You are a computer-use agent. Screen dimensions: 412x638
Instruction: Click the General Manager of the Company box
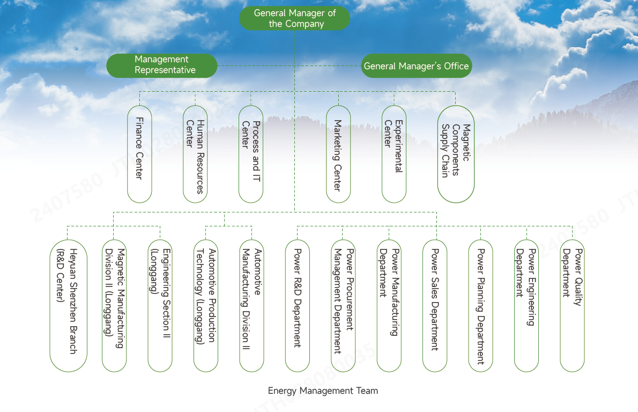pyautogui.click(x=294, y=19)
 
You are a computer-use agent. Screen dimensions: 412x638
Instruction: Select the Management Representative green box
pyautogui.click(x=162, y=65)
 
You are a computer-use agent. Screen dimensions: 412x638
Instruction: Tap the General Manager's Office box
pyautogui.click(x=416, y=66)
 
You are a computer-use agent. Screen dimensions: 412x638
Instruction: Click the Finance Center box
pyautogui.click(x=139, y=154)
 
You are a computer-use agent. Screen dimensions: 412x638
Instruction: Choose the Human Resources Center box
pyautogui.click(x=195, y=154)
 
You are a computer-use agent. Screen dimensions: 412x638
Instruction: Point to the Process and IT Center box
pyautogui.click(x=251, y=154)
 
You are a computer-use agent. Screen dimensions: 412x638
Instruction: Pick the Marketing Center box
pyautogui.click(x=338, y=154)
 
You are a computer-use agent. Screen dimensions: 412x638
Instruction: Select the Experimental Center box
pyautogui.click(x=394, y=154)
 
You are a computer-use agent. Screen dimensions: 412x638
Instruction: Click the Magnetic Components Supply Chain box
pyautogui.click(x=456, y=154)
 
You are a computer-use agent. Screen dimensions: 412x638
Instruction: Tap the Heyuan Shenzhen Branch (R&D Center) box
pyautogui.click(x=68, y=305)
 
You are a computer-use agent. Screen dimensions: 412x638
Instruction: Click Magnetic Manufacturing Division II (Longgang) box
pyautogui.click(x=114, y=305)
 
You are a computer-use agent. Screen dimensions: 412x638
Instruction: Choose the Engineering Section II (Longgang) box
pyautogui.click(x=160, y=305)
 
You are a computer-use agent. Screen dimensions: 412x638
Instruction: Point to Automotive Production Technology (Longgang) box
pyautogui.click(x=206, y=305)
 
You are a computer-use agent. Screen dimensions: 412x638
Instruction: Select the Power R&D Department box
pyautogui.click(x=298, y=305)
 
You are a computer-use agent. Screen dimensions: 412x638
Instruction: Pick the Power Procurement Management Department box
pyautogui.click(x=343, y=305)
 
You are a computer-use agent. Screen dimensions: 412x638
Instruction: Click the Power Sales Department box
pyautogui.click(x=435, y=305)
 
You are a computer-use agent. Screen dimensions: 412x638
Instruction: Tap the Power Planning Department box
pyautogui.click(x=481, y=305)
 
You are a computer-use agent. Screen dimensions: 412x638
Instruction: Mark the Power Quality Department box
pyautogui.click(x=573, y=305)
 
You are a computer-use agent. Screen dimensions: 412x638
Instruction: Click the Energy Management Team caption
pyautogui.click(x=323, y=391)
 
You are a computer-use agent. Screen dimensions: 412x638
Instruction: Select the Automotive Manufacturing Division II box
pyautogui.click(x=251, y=305)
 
